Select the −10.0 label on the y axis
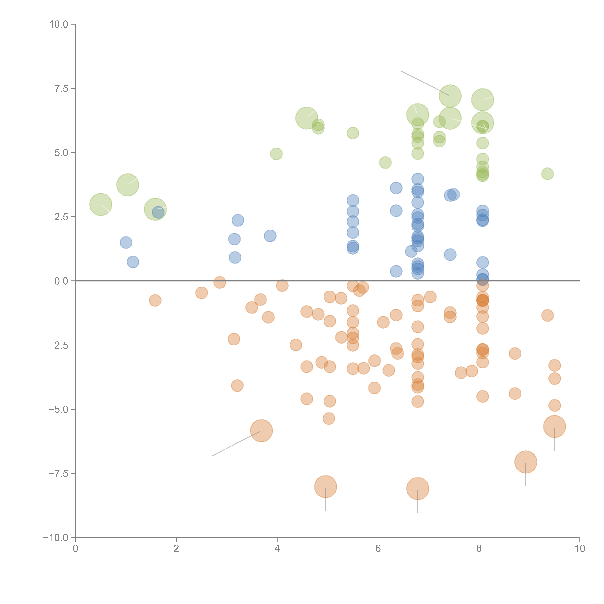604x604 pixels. tap(56, 538)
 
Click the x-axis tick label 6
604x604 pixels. tap(378, 549)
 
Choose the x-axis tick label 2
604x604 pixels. tap(176, 549)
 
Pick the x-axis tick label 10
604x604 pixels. tap(580, 549)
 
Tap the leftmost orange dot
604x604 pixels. tap(155, 300)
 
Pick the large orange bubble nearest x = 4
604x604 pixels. tap(261, 431)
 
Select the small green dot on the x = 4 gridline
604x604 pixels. tap(276, 154)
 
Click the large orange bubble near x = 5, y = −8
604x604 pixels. tap(325, 486)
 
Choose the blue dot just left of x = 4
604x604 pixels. tap(270, 236)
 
